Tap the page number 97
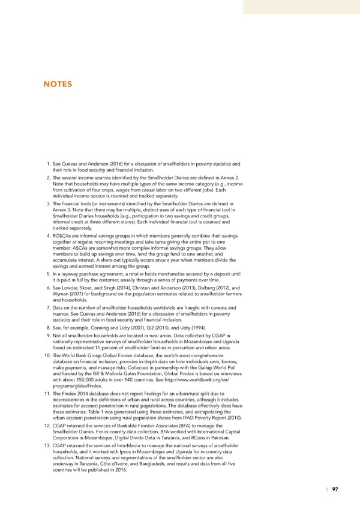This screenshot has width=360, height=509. point(335,489)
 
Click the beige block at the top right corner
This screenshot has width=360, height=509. point(301,6)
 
